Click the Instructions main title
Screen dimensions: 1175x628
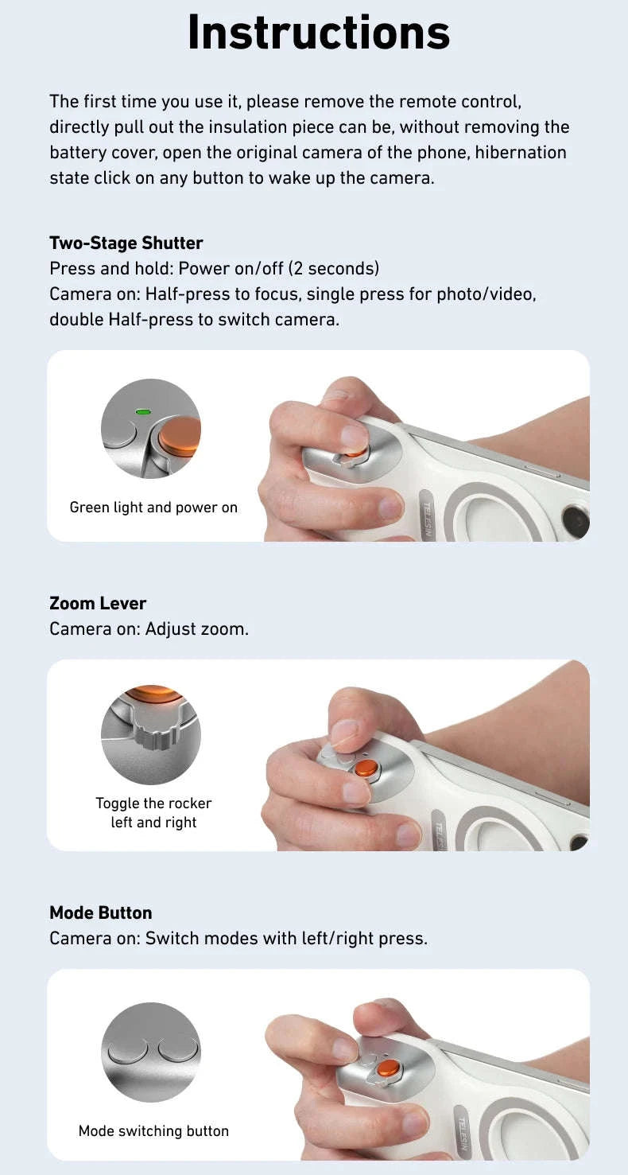tap(318, 33)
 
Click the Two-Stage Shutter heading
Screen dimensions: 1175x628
tap(126, 243)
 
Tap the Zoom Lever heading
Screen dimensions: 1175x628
tap(98, 603)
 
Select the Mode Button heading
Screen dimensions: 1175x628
tap(100, 912)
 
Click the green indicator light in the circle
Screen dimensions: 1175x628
tap(143, 412)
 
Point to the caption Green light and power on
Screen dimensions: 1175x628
tap(153, 508)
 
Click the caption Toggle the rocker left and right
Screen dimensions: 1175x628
tap(153, 812)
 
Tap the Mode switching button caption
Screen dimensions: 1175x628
tap(153, 1130)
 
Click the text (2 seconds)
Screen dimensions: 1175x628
tap(334, 268)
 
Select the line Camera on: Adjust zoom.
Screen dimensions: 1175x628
tap(149, 628)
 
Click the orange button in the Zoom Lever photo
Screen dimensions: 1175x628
tap(366, 768)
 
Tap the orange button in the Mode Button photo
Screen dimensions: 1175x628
tap(387, 1068)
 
